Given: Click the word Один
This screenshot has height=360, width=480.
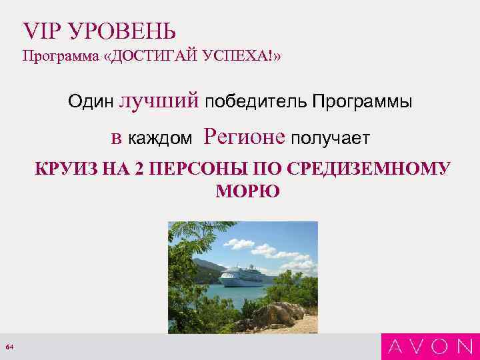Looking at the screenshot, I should (91, 102).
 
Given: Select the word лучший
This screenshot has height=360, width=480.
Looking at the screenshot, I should (159, 101).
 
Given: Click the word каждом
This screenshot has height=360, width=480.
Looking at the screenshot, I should (160, 138).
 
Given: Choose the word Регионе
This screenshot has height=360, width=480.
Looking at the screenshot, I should (245, 137).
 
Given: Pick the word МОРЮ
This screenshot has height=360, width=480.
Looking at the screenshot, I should (248, 192).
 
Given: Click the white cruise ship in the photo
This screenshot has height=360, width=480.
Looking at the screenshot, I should (241, 275).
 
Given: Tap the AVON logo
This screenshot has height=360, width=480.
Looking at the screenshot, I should (431, 346).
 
